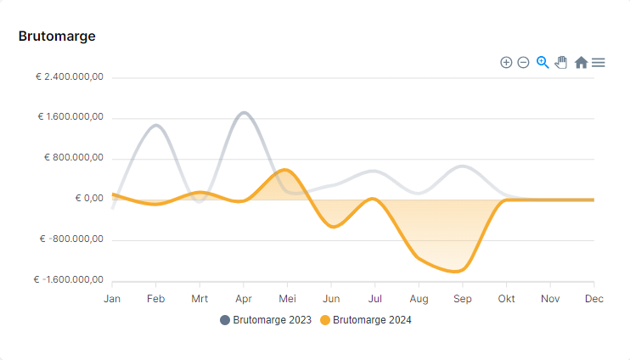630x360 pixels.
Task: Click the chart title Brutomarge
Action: pos(57,36)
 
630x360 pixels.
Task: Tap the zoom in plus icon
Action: pos(506,63)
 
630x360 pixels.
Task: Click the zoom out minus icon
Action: pos(524,63)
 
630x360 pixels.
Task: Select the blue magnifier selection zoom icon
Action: pos(543,62)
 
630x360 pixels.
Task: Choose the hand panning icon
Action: pos(561,62)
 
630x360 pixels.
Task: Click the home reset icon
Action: pos(581,63)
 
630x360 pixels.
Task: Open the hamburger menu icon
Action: pos(599,63)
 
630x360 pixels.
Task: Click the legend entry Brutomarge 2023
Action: pos(266,320)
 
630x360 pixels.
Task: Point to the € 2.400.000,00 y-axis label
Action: pos(70,76)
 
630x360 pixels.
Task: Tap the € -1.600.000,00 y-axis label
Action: pos(69,280)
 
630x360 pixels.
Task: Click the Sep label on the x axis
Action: pos(462,299)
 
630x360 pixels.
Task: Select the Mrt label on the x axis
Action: pos(200,299)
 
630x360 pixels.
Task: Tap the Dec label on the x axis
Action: pos(593,299)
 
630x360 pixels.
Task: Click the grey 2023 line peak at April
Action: pos(245,112)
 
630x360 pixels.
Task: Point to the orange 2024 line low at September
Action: pos(458,272)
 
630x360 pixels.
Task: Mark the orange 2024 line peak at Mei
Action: pos(287,170)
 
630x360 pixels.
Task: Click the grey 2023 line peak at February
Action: pos(156,126)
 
